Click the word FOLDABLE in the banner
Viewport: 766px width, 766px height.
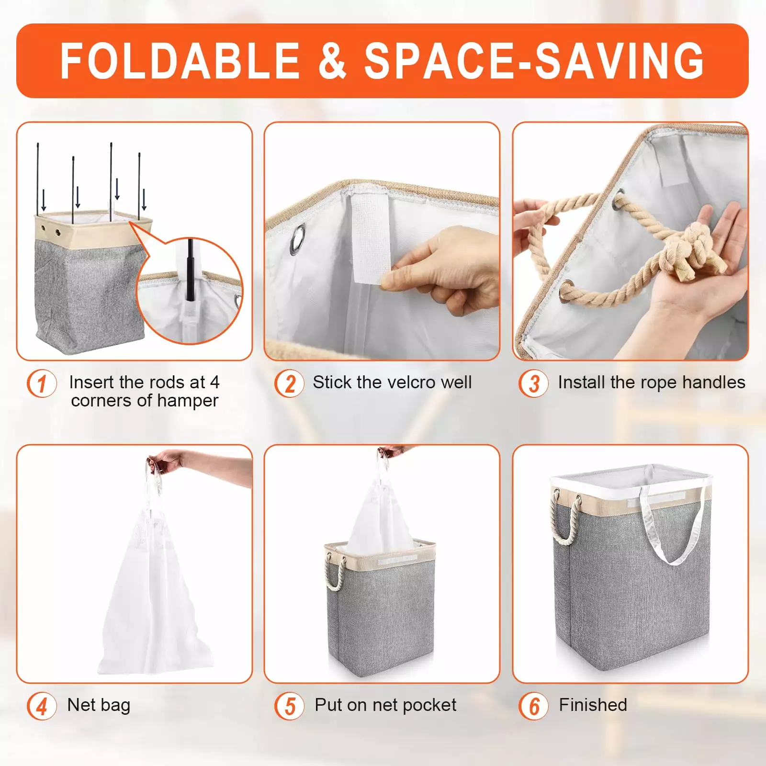pyautogui.click(x=180, y=61)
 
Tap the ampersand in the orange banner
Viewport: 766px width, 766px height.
pyautogui.click(x=332, y=61)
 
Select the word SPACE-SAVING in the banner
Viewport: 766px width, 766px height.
pyautogui.click(x=534, y=61)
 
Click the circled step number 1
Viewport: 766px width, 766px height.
pyautogui.click(x=42, y=383)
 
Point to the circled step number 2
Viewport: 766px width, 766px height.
pyautogui.click(x=290, y=383)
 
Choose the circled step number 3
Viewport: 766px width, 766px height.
pyautogui.click(x=534, y=383)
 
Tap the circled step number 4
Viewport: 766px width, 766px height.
pyautogui.click(x=42, y=706)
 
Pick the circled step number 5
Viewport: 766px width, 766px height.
pyautogui.click(x=290, y=706)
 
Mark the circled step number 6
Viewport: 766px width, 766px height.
pyautogui.click(x=534, y=706)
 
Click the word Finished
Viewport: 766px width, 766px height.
pyautogui.click(x=593, y=705)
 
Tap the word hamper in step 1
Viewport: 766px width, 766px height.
pyautogui.click(x=188, y=401)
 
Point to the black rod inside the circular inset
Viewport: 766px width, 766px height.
pyautogui.click(x=191, y=270)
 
